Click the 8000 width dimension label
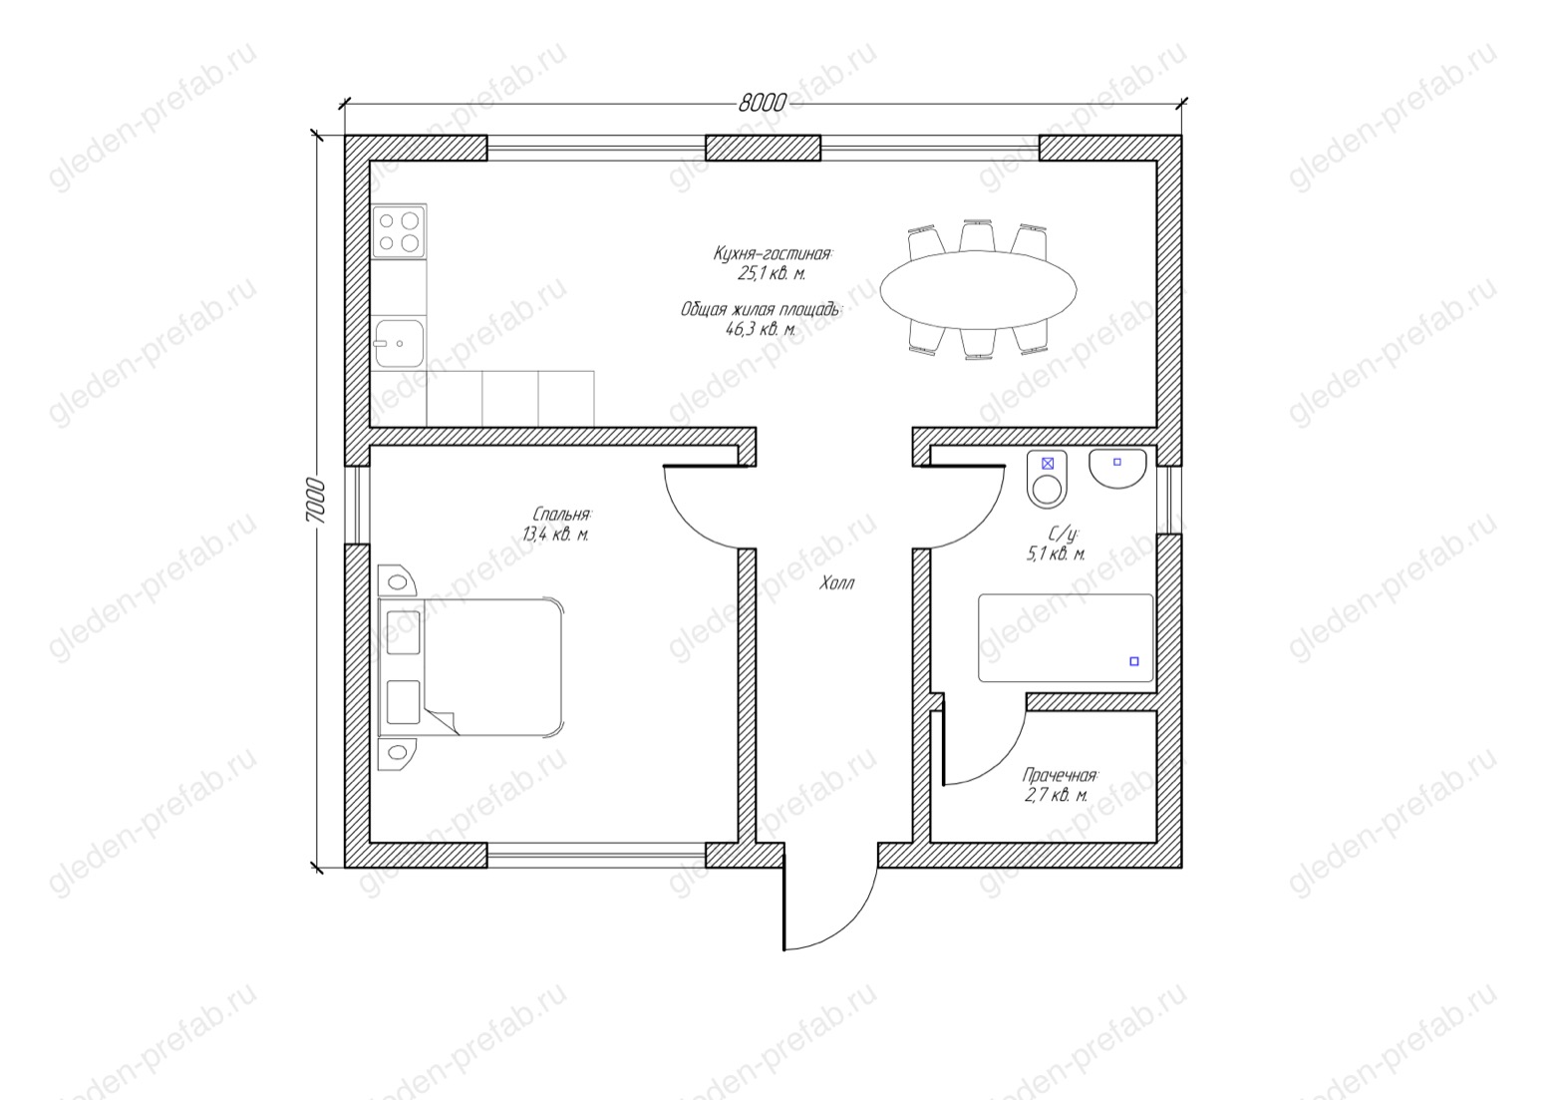762,103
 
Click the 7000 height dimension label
315,501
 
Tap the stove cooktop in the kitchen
399,231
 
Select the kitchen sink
399,343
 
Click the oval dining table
978,289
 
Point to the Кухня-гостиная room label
773,253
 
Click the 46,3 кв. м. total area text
761,329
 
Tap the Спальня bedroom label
561,515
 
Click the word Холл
836,583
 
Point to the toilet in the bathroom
1047,478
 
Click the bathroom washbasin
1117,469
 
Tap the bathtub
1066,637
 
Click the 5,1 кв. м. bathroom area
1056,554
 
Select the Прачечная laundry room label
1060,775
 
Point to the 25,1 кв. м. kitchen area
772,273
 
